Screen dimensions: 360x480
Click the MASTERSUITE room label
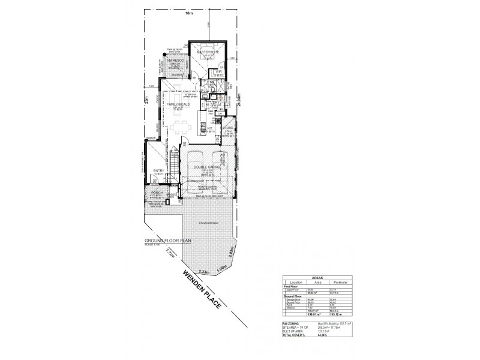pyautogui.click(x=208, y=53)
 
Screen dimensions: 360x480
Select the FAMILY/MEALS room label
pyautogui.click(x=178, y=104)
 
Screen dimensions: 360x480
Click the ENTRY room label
pyautogui.click(x=158, y=171)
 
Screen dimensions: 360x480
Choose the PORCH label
pyautogui.click(x=157, y=193)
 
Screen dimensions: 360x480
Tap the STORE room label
pyautogui.click(x=227, y=128)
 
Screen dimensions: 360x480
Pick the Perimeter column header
pyautogui.click(x=340, y=282)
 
